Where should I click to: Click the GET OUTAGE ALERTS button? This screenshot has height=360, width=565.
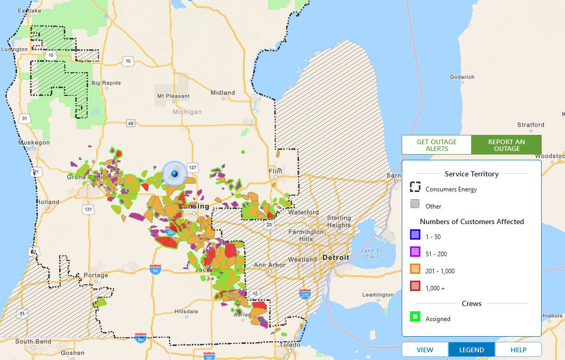(x=436, y=145)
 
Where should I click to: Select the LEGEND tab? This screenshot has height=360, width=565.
(x=472, y=350)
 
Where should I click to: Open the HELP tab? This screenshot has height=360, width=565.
(x=518, y=350)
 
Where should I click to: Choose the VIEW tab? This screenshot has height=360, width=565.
(x=425, y=350)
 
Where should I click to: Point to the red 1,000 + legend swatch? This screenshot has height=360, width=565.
(x=415, y=286)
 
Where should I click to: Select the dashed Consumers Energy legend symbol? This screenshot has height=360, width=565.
(x=415, y=187)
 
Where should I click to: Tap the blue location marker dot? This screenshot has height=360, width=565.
(x=175, y=173)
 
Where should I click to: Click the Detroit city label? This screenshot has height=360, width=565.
(x=335, y=257)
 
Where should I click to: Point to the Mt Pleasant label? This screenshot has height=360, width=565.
(x=174, y=96)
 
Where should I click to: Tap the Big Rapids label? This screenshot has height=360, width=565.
(x=106, y=83)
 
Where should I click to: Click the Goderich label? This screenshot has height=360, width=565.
(x=462, y=77)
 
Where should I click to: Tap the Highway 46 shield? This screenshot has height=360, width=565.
(x=131, y=123)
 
